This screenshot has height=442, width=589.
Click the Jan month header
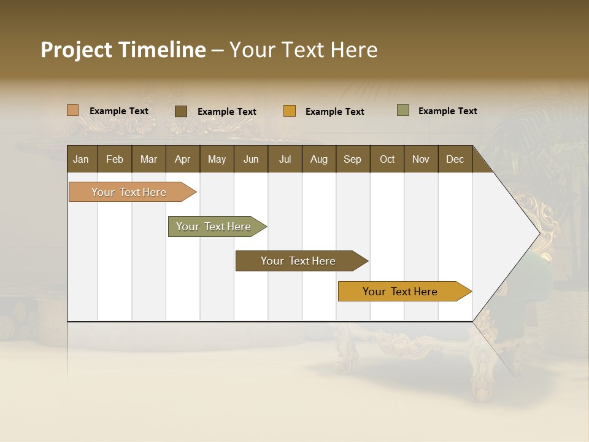pyautogui.click(x=82, y=159)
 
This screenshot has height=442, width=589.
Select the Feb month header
pyautogui.click(x=115, y=159)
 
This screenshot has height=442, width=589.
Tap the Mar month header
pyautogui.click(x=148, y=159)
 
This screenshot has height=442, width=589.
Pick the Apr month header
pyautogui.click(x=183, y=159)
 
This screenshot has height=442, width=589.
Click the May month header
pyautogui.click(x=217, y=159)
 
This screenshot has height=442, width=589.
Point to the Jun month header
pyautogui.click(x=251, y=159)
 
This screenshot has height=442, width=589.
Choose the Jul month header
pyautogui.click(x=285, y=159)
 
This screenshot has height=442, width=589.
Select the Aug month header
pyautogui.click(x=319, y=159)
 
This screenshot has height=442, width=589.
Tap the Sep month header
pyautogui.click(x=353, y=159)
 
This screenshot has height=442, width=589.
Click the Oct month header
pyautogui.click(x=387, y=159)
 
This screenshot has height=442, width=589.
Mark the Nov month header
pyautogui.click(x=421, y=159)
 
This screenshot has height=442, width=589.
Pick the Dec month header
pyautogui.click(x=455, y=159)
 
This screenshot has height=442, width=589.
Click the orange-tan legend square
pyautogui.click(x=73, y=110)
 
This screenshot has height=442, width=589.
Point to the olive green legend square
pyautogui.click(x=403, y=110)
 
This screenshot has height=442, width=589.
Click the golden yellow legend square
pyautogui.click(x=290, y=111)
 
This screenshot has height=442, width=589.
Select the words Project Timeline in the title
pyautogui.click(x=123, y=50)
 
